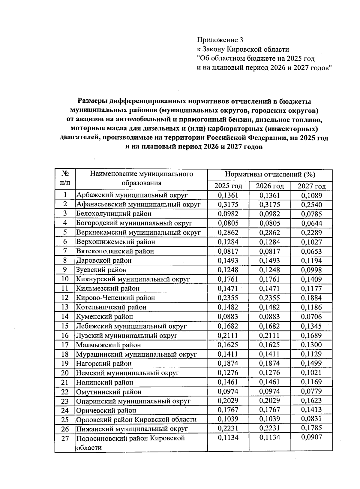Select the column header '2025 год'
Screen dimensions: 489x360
[228, 186]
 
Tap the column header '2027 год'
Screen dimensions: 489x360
[311, 186]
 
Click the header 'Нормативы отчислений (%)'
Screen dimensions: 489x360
[270, 174]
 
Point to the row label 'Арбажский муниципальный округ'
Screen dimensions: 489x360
[132, 195]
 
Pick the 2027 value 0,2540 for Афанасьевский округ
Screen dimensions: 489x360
[311, 205]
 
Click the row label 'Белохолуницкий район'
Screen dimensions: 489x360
[114, 214]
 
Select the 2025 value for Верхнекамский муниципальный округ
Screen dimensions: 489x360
[228, 233]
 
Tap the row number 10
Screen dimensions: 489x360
[65, 279]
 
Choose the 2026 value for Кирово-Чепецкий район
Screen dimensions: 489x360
[269, 298]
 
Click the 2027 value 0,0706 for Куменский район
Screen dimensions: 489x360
[311, 316]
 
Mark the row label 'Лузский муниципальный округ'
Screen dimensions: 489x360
[127, 335]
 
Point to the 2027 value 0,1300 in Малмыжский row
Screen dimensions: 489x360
[311, 345]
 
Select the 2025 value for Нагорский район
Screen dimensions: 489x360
[228, 363]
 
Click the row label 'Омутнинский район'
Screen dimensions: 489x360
[109, 392]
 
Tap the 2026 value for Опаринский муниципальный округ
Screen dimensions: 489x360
[269, 401]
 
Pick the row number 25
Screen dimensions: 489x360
[65, 420]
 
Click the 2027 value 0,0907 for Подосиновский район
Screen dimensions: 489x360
[311, 437]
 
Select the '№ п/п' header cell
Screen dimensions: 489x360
[65, 179]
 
